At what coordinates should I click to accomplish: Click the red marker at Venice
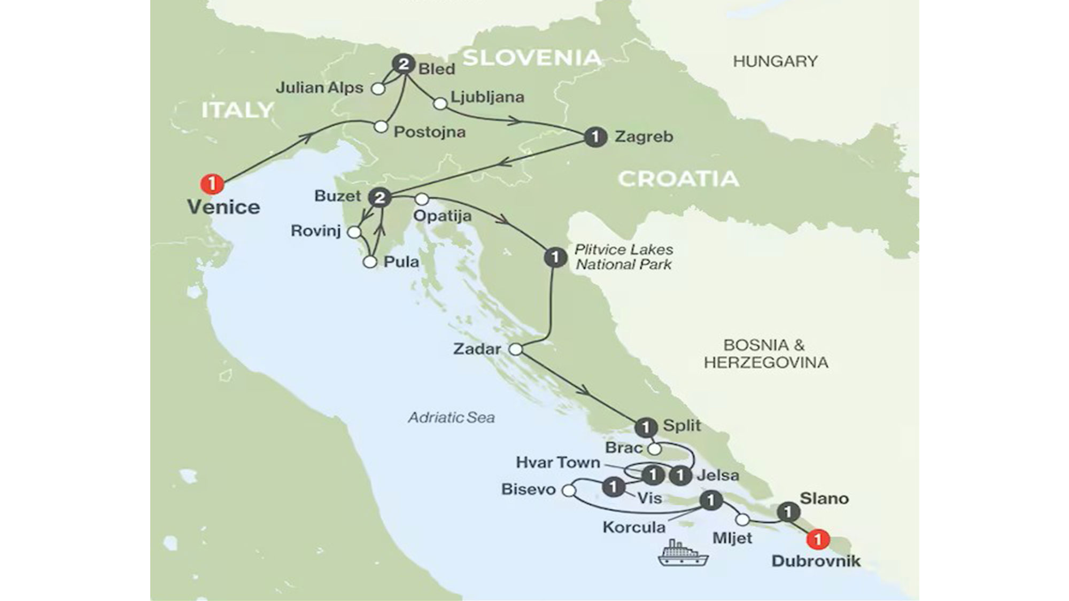212,184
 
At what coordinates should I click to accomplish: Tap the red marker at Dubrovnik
817,539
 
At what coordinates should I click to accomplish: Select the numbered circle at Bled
404,65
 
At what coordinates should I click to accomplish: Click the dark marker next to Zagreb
595,137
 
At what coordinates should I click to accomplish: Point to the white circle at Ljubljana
440,104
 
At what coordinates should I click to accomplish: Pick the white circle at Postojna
381,127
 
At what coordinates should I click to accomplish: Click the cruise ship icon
683,554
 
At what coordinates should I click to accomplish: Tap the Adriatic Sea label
451,417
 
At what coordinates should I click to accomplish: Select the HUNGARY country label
774,61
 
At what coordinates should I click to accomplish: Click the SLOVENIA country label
531,58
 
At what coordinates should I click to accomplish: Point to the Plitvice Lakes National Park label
624,257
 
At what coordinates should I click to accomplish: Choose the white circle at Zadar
515,349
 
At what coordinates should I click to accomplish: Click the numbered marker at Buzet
379,198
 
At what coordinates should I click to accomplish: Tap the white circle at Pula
369,262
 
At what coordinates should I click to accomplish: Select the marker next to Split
646,427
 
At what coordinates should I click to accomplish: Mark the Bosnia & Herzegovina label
765,354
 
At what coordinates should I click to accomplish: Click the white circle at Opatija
422,199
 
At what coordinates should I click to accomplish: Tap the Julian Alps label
319,88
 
